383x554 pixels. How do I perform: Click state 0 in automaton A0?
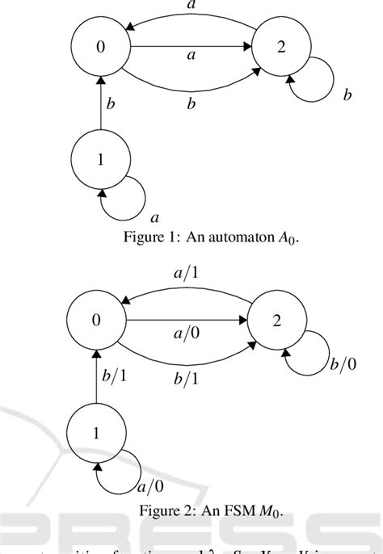point(100,47)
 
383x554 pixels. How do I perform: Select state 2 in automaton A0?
point(280,47)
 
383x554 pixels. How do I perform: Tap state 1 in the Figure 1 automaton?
point(100,160)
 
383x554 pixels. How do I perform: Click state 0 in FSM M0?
point(96,320)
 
